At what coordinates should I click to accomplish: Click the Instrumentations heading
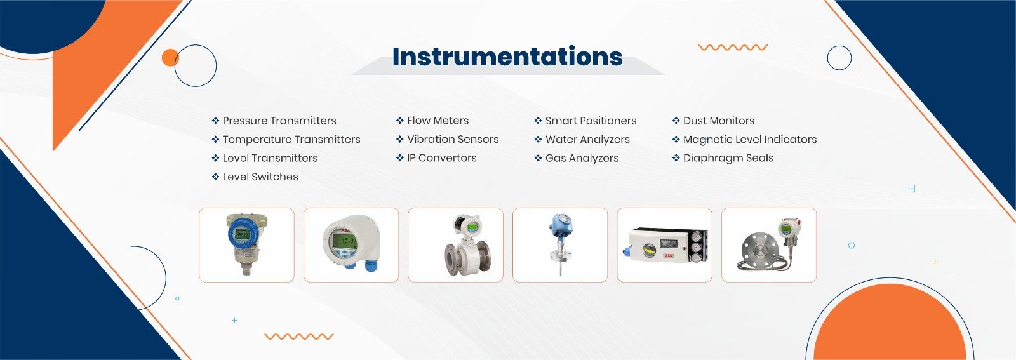507,57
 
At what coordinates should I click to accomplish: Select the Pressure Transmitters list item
279,121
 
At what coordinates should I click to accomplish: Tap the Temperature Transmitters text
291,139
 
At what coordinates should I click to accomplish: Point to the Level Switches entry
260,177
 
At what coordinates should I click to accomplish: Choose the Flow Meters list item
438,121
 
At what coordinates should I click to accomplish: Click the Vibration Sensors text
453,139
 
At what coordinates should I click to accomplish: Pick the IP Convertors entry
442,158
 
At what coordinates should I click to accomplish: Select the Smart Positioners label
591,121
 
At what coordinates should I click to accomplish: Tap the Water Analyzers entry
587,139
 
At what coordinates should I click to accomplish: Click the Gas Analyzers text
582,158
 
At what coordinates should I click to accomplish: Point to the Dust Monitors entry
719,121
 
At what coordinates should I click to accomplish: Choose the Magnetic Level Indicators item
750,139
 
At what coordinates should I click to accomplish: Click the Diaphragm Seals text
728,158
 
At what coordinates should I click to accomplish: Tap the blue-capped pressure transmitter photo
246,245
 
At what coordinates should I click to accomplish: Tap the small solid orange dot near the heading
170,58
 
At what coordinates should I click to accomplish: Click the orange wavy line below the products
299,337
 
